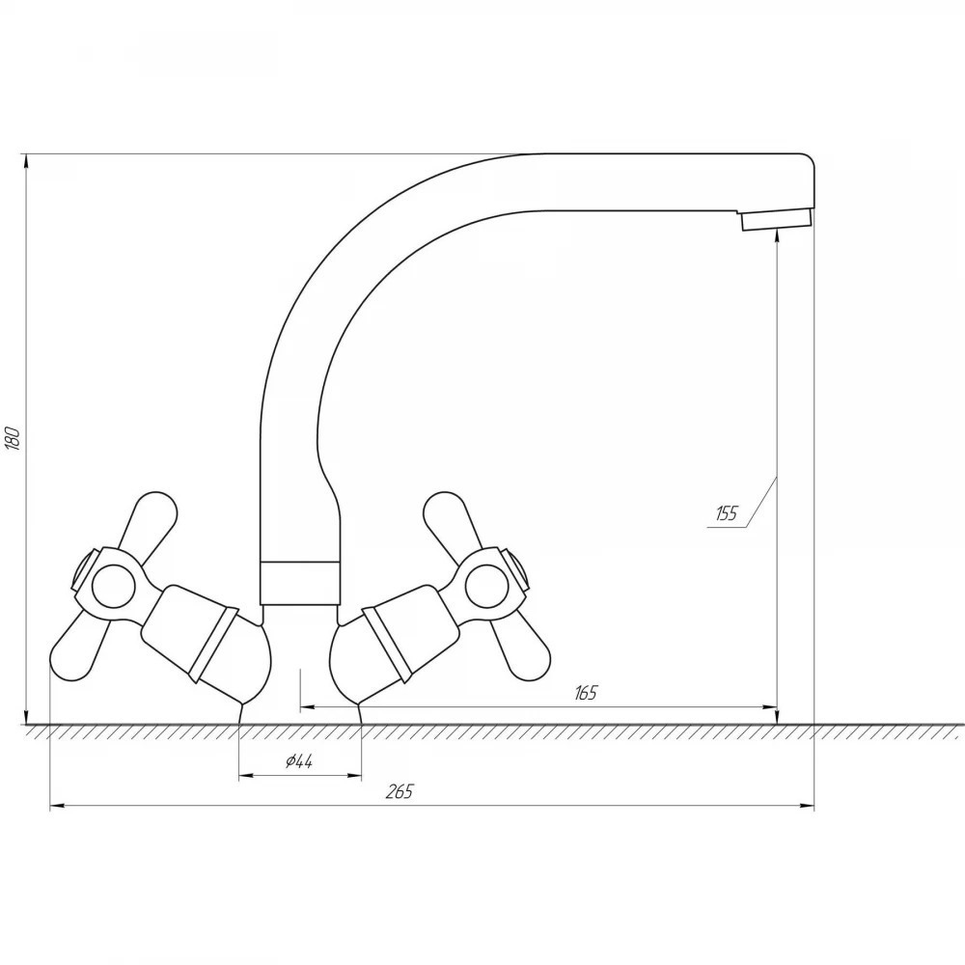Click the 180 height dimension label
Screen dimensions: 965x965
pyautogui.click(x=14, y=437)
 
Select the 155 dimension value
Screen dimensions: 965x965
pyautogui.click(x=727, y=512)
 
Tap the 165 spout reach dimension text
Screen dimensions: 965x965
pyautogui.click(x=586, y=693)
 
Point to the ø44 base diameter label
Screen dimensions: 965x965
pyautogui.click(x=299, y=761)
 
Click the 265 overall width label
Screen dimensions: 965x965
pyautogui.click(x=400, y=791)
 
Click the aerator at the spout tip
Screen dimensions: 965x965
pyautogui.click(x=776, y=219)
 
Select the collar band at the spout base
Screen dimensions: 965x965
pyautogui.click(x=300, y=583)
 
